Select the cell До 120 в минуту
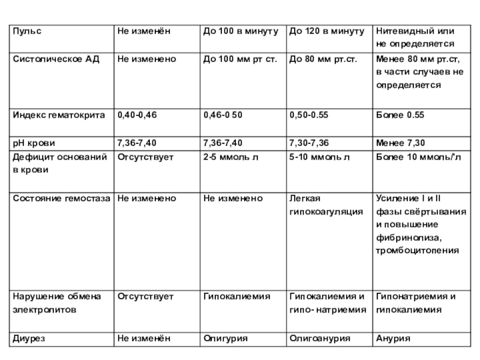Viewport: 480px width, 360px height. [326, 31]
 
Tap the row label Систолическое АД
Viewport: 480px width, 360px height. [52, 59]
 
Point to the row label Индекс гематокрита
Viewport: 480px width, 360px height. [59, 114]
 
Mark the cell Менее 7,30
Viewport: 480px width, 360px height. [400, 143]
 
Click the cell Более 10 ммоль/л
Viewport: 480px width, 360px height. [418, 157]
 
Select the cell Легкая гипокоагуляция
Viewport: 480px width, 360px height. [326, 205]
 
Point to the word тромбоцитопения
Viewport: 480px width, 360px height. [417, 250]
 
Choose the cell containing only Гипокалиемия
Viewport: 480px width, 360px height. [236, 296]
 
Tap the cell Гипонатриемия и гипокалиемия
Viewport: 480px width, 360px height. [416, 303]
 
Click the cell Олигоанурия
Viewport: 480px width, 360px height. [319, 339]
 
